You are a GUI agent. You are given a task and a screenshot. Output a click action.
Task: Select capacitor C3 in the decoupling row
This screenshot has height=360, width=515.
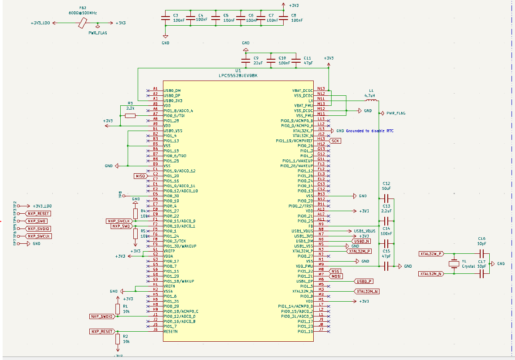pos(165,18)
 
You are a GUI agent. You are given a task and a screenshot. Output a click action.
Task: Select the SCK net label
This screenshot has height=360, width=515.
pos(335,141)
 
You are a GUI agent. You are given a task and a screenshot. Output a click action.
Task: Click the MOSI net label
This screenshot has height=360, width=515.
pos(336,276)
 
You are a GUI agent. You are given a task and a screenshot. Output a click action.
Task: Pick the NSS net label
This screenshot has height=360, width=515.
pos(335,271)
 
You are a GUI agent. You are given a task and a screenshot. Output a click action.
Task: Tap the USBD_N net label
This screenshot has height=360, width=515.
pos(361,241)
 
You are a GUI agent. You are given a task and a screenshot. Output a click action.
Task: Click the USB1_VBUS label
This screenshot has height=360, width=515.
pos(365,231)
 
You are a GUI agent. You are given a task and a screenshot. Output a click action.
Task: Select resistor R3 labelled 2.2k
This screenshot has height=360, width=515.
pos(130,115)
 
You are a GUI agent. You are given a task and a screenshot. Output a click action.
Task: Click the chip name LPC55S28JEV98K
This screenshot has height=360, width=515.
pos(238,75)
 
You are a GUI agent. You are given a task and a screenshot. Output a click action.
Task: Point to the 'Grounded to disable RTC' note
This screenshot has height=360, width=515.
pos(370,131)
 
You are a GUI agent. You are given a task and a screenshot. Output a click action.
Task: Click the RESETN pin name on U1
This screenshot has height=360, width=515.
pos(171,331)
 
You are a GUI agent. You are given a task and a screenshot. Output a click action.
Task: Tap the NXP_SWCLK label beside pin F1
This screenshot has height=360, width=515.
pos(119,221)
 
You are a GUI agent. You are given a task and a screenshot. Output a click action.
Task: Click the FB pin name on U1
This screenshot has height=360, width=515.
pos(310,225)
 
